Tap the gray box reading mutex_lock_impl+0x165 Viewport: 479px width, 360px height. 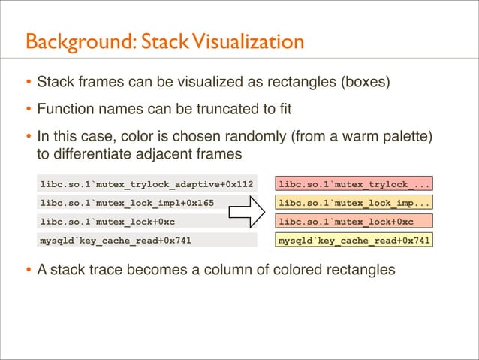tap(147, 203)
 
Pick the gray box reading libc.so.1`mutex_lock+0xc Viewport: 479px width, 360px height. tap(147, 222)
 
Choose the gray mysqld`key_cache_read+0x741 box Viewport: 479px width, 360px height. tap(147, 241)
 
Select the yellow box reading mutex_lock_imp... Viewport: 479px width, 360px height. tap(354, 203)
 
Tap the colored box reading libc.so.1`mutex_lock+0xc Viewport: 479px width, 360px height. tap(354, 222)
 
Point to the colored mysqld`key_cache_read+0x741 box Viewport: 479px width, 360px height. tap(354, 241)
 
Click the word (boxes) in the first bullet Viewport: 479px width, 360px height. tap(365, 82)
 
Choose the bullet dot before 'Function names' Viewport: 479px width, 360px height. tap(28, 110)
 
